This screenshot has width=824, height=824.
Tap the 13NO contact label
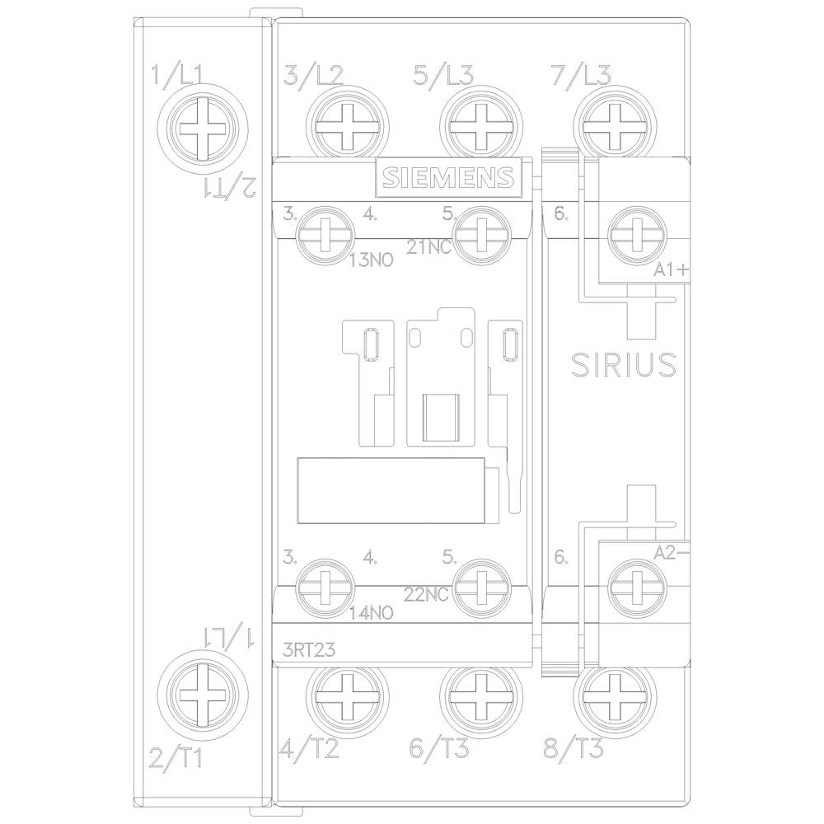click(x=372, y=260)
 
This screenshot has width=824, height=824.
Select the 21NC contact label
click(x=428, y=245)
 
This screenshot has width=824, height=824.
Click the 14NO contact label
click(x=372, y=613)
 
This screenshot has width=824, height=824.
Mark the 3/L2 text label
click(x=312, y=76)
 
